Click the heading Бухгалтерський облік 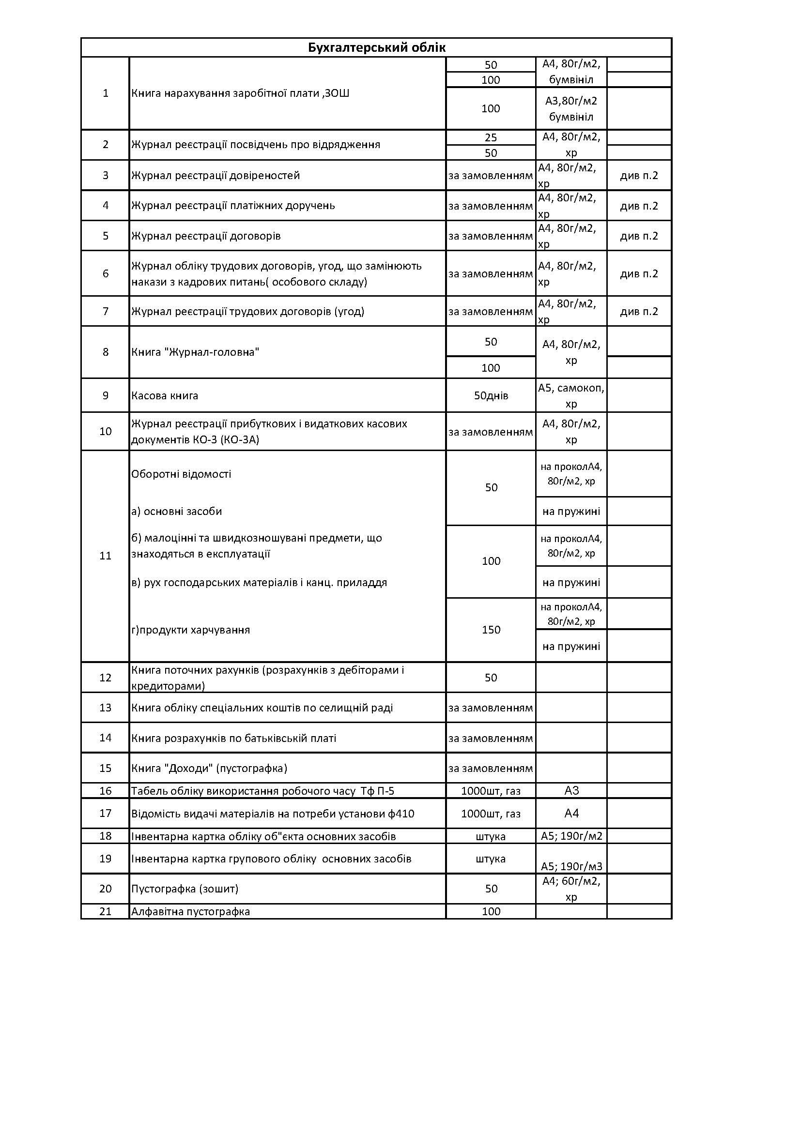[x=376, y=48]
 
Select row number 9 [x=105, y=395]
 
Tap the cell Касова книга [x=165, y=395]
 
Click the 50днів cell [x=491, y=395]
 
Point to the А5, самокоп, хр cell [x=571, y=396]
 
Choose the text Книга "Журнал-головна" [x=195, y=352]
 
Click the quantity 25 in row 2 [x=491, y=137]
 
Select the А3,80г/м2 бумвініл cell [x=571, y=108]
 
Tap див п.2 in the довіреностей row [x=639, y=176]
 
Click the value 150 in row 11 [x=491, y=630]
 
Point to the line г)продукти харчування [x=190, y=630]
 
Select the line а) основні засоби [x=177, y=511]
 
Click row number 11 [x=105, y=556]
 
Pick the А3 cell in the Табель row [x=571, y=791]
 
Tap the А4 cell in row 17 [x=571, y=814]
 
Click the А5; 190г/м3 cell [x=571, y=866]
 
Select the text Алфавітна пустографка [x=190, y=912]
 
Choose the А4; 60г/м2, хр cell [x=571, y=889]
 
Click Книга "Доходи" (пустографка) [x=209, y=768]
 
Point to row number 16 [x=105, y=791]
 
